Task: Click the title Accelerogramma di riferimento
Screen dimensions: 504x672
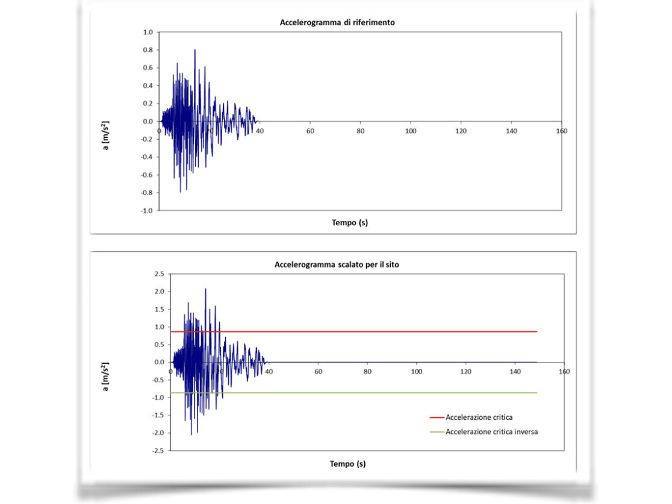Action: click(337, 23)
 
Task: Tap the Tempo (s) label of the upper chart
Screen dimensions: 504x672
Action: click(350, 222)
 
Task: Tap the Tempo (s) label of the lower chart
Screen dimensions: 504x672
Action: click(348, 464)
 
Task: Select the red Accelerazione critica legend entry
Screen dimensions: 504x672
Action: click(479, 417)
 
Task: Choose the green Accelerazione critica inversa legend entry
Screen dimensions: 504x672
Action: click(491, 432)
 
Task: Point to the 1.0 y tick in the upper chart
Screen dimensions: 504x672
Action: click(148, 32)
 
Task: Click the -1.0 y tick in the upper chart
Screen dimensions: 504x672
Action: click(147, 211)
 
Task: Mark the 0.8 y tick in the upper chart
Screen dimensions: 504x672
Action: click(148, 50)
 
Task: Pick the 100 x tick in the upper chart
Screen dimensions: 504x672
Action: click(411, 131)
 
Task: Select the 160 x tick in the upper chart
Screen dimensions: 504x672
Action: click(561, 131)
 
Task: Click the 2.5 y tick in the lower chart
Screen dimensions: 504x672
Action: click(160, 274)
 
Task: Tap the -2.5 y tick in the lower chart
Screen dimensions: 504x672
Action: click(158, 451)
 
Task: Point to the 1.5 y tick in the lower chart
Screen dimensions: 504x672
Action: click(160, 310)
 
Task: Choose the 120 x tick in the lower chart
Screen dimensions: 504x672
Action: click(465, 372)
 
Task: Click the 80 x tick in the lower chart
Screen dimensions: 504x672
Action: click(367, 372)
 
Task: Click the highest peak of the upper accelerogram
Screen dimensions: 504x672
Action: click(194, 50)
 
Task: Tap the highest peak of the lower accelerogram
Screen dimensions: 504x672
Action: click(205, 289)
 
